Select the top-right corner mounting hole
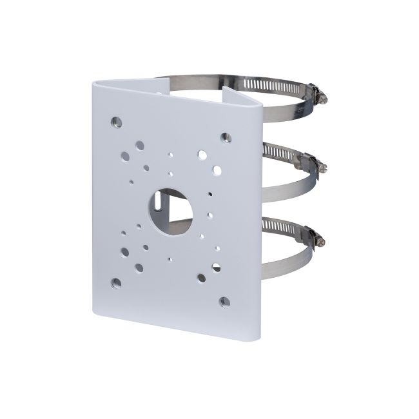(x=225, y=137)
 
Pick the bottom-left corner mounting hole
(x=115, y=282)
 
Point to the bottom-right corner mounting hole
(x=224, y=301)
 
